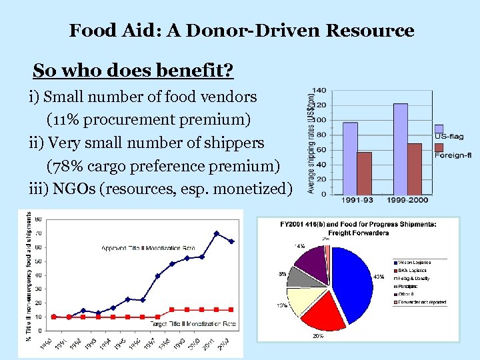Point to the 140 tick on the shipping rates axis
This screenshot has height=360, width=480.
coord(319,90)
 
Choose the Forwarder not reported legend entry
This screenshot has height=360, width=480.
coord(421,302)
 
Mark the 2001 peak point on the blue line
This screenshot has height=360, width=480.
coord(217,233)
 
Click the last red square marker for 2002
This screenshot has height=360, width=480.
coord(231,309)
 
